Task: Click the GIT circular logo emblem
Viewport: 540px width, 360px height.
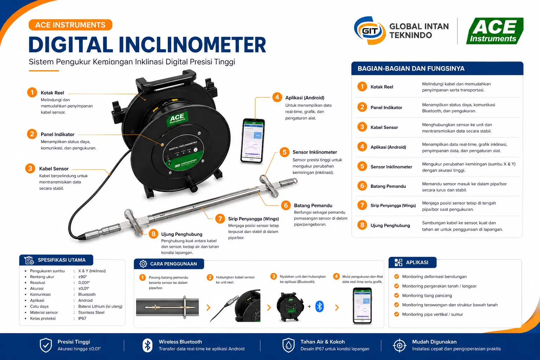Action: point(369,31)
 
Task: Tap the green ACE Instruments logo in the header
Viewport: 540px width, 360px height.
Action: point(494,31)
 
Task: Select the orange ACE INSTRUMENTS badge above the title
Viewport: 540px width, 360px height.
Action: point(70,25)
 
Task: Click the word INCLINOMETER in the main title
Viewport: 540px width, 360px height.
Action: point(192,45)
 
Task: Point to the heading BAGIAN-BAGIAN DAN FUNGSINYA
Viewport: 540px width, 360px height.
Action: point(411,69)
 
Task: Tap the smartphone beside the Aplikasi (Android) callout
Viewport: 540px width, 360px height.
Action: point(252,141)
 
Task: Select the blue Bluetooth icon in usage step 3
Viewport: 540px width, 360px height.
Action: point(319,306)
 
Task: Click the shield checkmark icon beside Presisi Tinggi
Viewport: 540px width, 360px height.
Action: point(46,345)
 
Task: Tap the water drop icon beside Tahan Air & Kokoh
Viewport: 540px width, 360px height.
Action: point(288,345)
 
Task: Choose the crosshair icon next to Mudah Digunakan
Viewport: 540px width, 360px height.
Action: point(400,345)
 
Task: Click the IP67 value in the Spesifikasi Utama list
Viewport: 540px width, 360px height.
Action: point(82,319)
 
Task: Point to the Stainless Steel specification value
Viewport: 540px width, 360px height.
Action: point(91,313)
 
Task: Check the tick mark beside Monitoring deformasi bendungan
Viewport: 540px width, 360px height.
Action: point(397,277)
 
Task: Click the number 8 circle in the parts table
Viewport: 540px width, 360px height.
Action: point(362,225)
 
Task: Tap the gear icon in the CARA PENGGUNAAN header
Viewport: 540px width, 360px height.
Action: point(143,264)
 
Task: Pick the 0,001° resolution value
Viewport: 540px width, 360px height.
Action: point(84,283)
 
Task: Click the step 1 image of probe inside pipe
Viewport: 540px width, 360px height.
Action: point(167,307)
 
